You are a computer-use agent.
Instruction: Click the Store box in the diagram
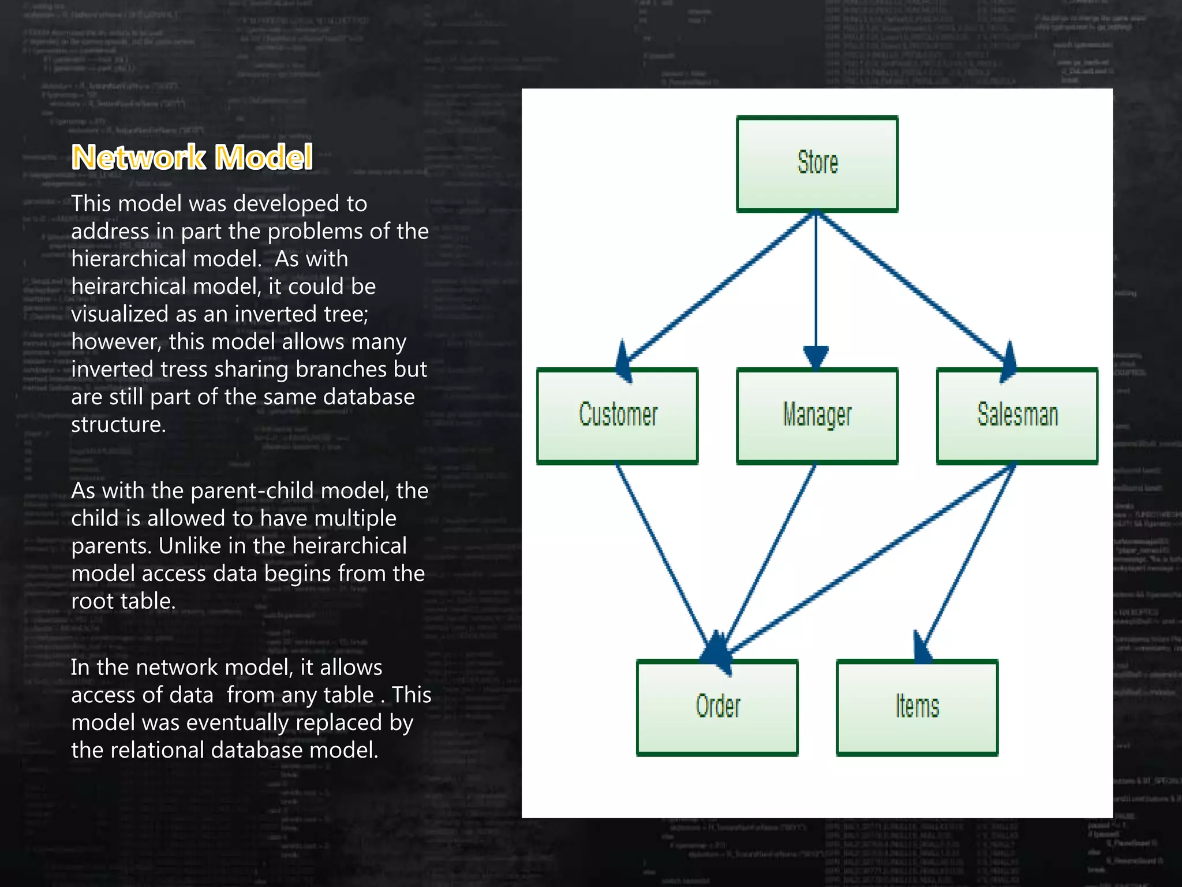click(x=817, y=164)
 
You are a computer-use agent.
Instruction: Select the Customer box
click(x=618, y=416)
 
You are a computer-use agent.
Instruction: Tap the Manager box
click(x=817, y=416)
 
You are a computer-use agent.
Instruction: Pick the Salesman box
click(x=1017, y=416)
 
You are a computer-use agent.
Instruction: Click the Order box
click(x=717, y=707)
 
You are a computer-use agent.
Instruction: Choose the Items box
click(x=917, y=707)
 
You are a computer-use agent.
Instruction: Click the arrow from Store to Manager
click(x=816, y=283)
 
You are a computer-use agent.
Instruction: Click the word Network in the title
click(x=139, y=157)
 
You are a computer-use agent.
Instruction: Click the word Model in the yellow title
click(x=263, y=157)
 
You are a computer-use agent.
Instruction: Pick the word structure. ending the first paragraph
click(x=118, y=424)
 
